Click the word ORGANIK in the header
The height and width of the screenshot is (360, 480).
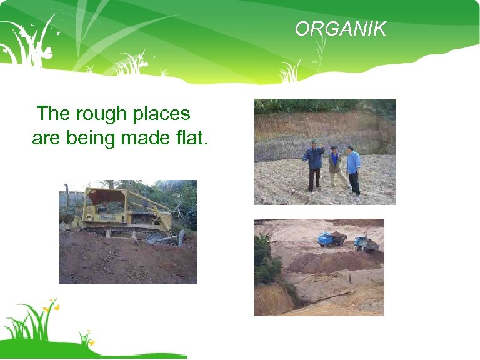[341, 29]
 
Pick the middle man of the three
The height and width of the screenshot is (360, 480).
[334, 165]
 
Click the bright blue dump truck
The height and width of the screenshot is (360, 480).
[331, 239]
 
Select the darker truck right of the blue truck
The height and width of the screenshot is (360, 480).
[366, 243]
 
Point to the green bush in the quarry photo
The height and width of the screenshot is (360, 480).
[266, 262]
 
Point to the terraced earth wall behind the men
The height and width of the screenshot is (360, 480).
[325, 128]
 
